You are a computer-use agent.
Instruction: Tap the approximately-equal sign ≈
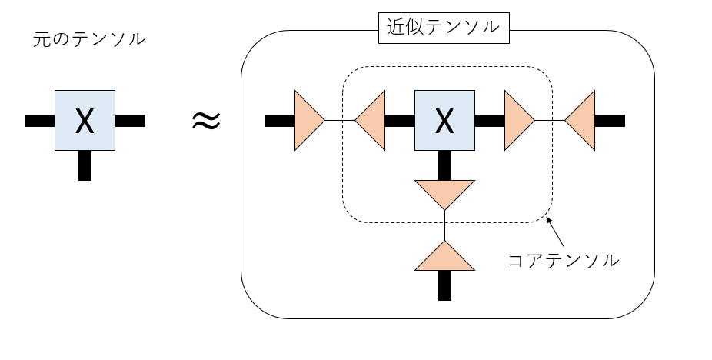(206, 120)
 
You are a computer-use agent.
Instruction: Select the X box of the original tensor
(85, 120)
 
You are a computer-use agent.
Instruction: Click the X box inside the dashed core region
(444, 120)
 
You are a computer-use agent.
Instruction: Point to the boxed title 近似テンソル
(444, 29)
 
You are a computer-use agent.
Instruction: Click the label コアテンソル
(564, 260)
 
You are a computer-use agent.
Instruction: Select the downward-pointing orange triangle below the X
(444, 193)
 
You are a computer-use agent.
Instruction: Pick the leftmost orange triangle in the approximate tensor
(308, 120)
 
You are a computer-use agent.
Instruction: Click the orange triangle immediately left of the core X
(371, 120)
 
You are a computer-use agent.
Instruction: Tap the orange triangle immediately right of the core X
(517, 120)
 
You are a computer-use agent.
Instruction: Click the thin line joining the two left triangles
(340, 120)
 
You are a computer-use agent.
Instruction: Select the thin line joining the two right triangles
(550, 120)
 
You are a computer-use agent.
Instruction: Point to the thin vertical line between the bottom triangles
(444, 225)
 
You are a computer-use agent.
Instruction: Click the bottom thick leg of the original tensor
(85, 165)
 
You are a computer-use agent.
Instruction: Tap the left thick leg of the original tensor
(39, 120)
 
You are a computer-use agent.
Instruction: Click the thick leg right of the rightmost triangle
(610, 120)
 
